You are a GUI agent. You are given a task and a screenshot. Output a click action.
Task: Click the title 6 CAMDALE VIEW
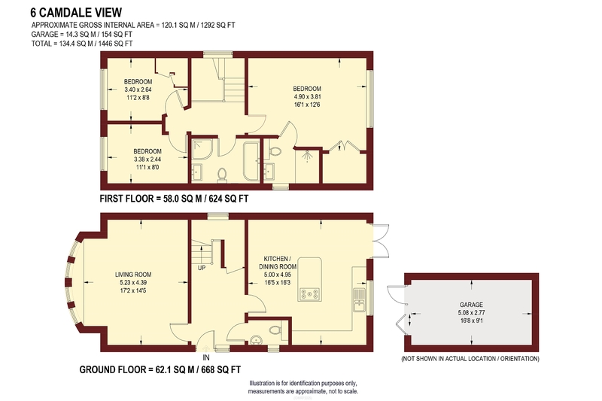pyautogui.click(x=76, y=13)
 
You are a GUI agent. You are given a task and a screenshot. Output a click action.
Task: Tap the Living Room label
pyautogui.click(x=133, y=275)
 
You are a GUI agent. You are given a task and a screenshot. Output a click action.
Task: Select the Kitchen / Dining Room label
pyautogui.click(x=280, y=263)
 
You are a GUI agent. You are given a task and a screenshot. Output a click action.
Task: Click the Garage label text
pyautogui.click(x=471, y=305)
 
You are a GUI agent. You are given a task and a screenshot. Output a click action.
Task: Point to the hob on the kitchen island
pyautogui.click(x=309, y=294)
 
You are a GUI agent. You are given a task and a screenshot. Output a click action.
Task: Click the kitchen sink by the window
pyautogui.click(x=359, y=300)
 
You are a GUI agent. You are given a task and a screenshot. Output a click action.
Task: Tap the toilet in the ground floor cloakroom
pyautogui.click(x=275, y=330)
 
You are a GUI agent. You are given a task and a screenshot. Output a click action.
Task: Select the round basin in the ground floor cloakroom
pyautogui.click(x=256, y=340)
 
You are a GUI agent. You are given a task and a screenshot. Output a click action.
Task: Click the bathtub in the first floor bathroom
pyautogui.click(x=251, y=161)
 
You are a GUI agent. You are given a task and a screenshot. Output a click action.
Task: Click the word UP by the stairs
pyautogui.click(x=202, y=268)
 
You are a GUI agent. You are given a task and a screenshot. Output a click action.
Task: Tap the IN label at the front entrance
pyautogui.click(x=206, y=357)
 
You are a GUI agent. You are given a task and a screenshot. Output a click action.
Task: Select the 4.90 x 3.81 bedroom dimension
pyautogui.click(x=307, y=97)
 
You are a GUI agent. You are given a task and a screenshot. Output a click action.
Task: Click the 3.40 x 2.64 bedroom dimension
pyautogui.click(x=138, y=90)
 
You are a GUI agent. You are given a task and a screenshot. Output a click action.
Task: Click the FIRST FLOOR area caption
pyautogui.click(x=174, y=199)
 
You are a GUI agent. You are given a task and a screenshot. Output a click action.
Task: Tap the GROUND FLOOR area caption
pyautogui.click(x=160, y=369)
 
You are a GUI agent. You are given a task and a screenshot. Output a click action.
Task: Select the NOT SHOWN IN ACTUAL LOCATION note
pyautogui.click(x=470, y=359)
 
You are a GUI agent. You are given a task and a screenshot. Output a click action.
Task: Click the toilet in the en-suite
pyautogui.click(x=275, y=151)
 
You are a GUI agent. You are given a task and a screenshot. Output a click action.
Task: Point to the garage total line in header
pyautogui.click(x=82, y=34)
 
